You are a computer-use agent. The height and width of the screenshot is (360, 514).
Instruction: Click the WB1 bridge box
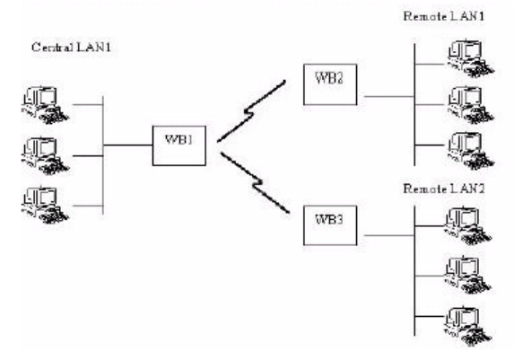click(179, 145)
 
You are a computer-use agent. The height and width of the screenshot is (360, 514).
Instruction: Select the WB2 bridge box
click(330, 84)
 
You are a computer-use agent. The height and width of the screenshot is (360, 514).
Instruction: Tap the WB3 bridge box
click(330, 225)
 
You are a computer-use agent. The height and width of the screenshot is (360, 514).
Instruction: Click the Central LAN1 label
click(71, 48)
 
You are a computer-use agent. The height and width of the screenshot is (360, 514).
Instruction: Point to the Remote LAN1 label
click(443, 16)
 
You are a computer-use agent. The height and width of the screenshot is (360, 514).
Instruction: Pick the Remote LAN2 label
click(443, 189)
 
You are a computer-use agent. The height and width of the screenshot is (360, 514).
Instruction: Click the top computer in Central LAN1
click(45, 105)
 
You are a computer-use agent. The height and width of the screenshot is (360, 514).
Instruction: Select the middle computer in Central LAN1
click(45, 155)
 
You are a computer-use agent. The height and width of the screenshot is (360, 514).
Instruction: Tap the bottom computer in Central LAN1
click(45, 206)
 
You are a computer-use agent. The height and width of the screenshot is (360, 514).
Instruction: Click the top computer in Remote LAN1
click(471, 58)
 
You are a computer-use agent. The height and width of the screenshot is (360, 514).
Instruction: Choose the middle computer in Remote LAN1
click(471, 105)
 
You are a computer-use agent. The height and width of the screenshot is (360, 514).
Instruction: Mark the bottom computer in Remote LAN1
click(471, 151)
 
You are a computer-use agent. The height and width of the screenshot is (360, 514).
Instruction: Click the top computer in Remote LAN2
click(468, 226)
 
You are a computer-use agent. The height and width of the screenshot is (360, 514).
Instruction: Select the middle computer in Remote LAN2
click(468, 275)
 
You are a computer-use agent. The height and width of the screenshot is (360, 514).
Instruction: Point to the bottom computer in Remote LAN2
click(468, 326)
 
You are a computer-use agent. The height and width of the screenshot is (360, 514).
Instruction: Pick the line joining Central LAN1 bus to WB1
click(128, 145)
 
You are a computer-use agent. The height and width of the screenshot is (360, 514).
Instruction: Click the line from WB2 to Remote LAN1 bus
click(389, 96)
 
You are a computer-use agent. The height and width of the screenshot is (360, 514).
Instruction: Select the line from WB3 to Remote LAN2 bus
click(389, 235)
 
